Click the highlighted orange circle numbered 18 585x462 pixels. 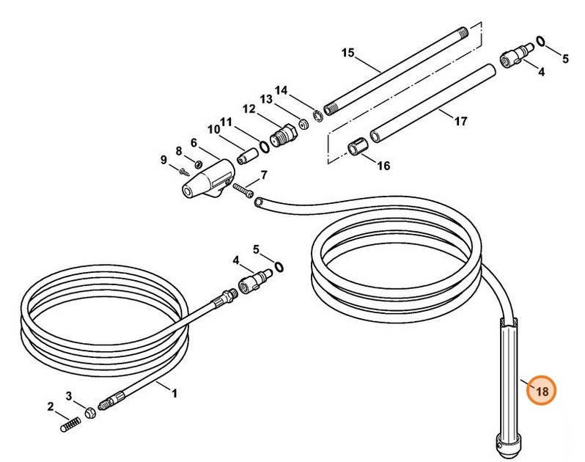click(x=541, y=390)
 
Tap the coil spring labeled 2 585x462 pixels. click(x=70, y=424)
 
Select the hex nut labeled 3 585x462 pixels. click(x=90, y=413)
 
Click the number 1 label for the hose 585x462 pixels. click(x=174, y=393)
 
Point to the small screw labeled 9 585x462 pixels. click(x=184, y=172)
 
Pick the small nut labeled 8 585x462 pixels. click(x=199, y=164)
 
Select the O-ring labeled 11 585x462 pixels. click(x=264, y=147)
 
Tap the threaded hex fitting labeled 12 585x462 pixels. click(x=283, y=135)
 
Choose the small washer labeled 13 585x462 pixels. click(x=303, y=123)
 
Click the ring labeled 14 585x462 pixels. click(x=317, y=116)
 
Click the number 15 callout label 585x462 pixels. click(x=347, y=53)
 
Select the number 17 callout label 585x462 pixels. click(x=461, y=121)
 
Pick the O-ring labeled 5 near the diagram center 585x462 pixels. click(x=279, y=267)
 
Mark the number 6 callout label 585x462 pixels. click(x=194, y=143)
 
